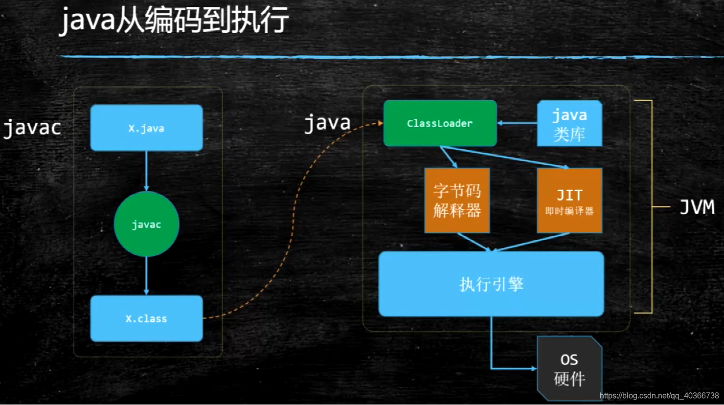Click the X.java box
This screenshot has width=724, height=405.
tap(146, 128)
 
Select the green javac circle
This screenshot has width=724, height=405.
tap(146, 224)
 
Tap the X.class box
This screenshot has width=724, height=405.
tap(146, 318)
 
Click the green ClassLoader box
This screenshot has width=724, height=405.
tap(440, 123)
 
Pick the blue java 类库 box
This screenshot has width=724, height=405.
tap(569, 124)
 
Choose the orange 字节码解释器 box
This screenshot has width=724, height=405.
tap(457, 201)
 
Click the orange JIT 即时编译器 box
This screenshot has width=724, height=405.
tap(569, 201)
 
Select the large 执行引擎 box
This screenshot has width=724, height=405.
tap(491, 284)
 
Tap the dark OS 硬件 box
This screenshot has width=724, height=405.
tap(569, 369)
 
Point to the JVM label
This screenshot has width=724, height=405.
tap(697, 207)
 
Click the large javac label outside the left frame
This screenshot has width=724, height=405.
tap(32, 128)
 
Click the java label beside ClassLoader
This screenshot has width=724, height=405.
tap(327, 123)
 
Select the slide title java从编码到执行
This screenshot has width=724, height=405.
tap(174, 21)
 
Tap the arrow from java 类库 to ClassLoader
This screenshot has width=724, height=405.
tap(517, 123)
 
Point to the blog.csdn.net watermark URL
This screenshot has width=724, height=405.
tap(659, 396)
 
